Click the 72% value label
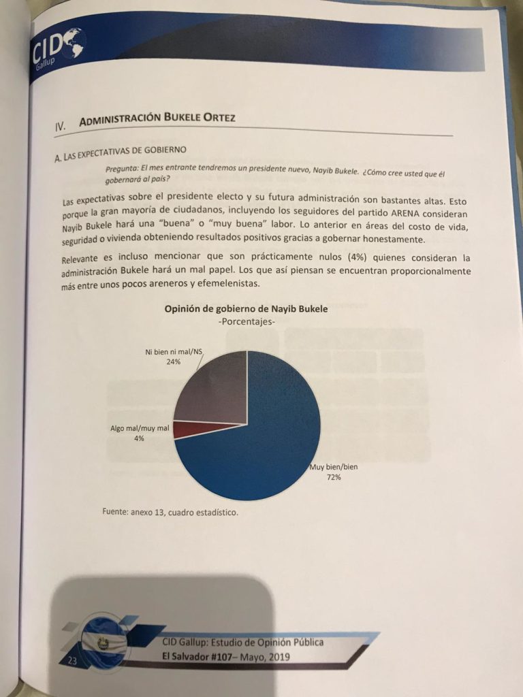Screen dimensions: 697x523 point(333,478)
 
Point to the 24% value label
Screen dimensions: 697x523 point(172,362)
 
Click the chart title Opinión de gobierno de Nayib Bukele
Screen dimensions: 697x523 point(246,309)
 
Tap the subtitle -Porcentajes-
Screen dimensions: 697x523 point(246,321)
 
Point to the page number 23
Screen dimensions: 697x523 point(72,661)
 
